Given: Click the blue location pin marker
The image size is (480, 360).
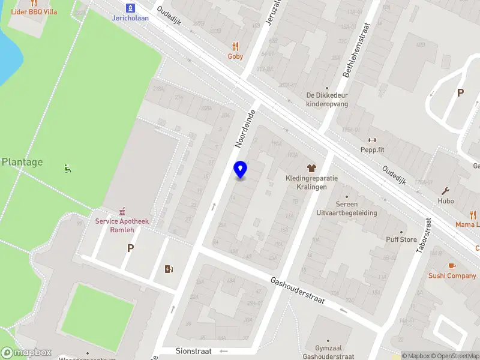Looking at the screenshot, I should pyautogui.click(x=240, y=170).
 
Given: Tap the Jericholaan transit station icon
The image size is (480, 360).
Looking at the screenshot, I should pyautogui.click(x=130, y=8).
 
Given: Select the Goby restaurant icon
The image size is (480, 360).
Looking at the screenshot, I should pyautogui.click(x=235, y=46).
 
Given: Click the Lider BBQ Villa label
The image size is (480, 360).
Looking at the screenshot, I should pyautogui.click(x=34, y=12).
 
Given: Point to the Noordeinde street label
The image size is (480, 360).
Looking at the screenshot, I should pyautogui.click(x=245, y=129).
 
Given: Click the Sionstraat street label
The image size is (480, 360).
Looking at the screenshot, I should pyautogui.click(x=194, y=351).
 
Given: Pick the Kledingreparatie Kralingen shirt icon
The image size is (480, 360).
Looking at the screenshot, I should pyautogui.click(x=311, y=168).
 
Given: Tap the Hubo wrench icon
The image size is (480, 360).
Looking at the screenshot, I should pyautogui.click(x=446, y=191).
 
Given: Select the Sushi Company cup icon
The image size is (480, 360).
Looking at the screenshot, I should pyautogui.click(x=452, y=266).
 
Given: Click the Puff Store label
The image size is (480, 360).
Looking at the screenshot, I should pyautogui.click(x=401, y=239).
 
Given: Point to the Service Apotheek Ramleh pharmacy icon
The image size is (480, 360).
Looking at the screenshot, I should pyautogui.click(x=122, y=211).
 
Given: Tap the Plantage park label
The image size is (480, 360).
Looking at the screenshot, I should pyautogui.click(x=22, y=162).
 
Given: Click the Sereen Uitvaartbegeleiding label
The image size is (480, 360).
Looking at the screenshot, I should pyautogui.click(x=346, y=208).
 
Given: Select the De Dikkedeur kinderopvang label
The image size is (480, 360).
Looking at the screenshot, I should pyautogui.click(x=327, y=99).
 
